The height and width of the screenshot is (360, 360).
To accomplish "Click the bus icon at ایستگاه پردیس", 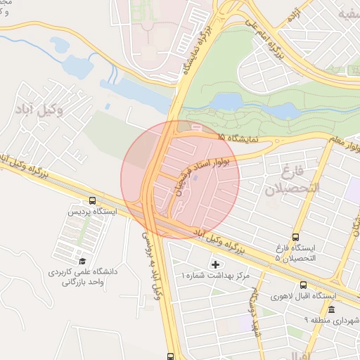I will (x=94, y=200).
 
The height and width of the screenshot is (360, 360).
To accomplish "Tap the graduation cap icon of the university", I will (x=83, y=261).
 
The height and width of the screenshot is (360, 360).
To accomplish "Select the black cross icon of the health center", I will (x=216, y=264).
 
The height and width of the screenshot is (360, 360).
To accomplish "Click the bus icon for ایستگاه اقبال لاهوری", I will (x=303, y=285).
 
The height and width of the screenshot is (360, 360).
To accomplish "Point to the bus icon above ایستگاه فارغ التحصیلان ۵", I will (x=295, y=237).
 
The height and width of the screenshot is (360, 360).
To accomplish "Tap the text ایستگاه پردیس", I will (x=92, y=212).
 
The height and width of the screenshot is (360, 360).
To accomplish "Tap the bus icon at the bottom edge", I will (x=171, y=356).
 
